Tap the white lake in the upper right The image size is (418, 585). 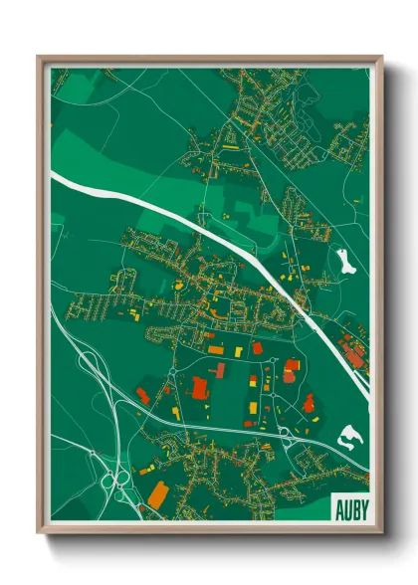pyautogui.click(x=344, y=263)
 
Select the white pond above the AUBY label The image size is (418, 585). pyautogui.click(x=352, y=436)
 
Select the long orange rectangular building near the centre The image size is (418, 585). pyautogui.click(x=215, y=349)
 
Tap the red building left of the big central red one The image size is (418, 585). pyautogui.click(x=142, y=395)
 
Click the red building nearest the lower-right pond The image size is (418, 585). pyautogui.click(x=309, y=403)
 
